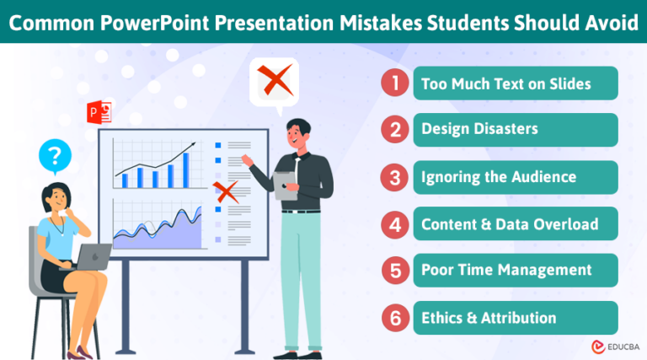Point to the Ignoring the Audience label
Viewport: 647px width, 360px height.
pyautogui.click(x=500, y=177)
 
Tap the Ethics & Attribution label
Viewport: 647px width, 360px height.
pyautogui.click(x=489, y=318)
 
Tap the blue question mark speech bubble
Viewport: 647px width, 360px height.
pyautogui.click(x=56, y=155)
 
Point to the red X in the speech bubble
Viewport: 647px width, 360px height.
pyautogui.click(x=274, y=82)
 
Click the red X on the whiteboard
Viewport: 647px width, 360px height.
pyautogui.click(x=224, y=191)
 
